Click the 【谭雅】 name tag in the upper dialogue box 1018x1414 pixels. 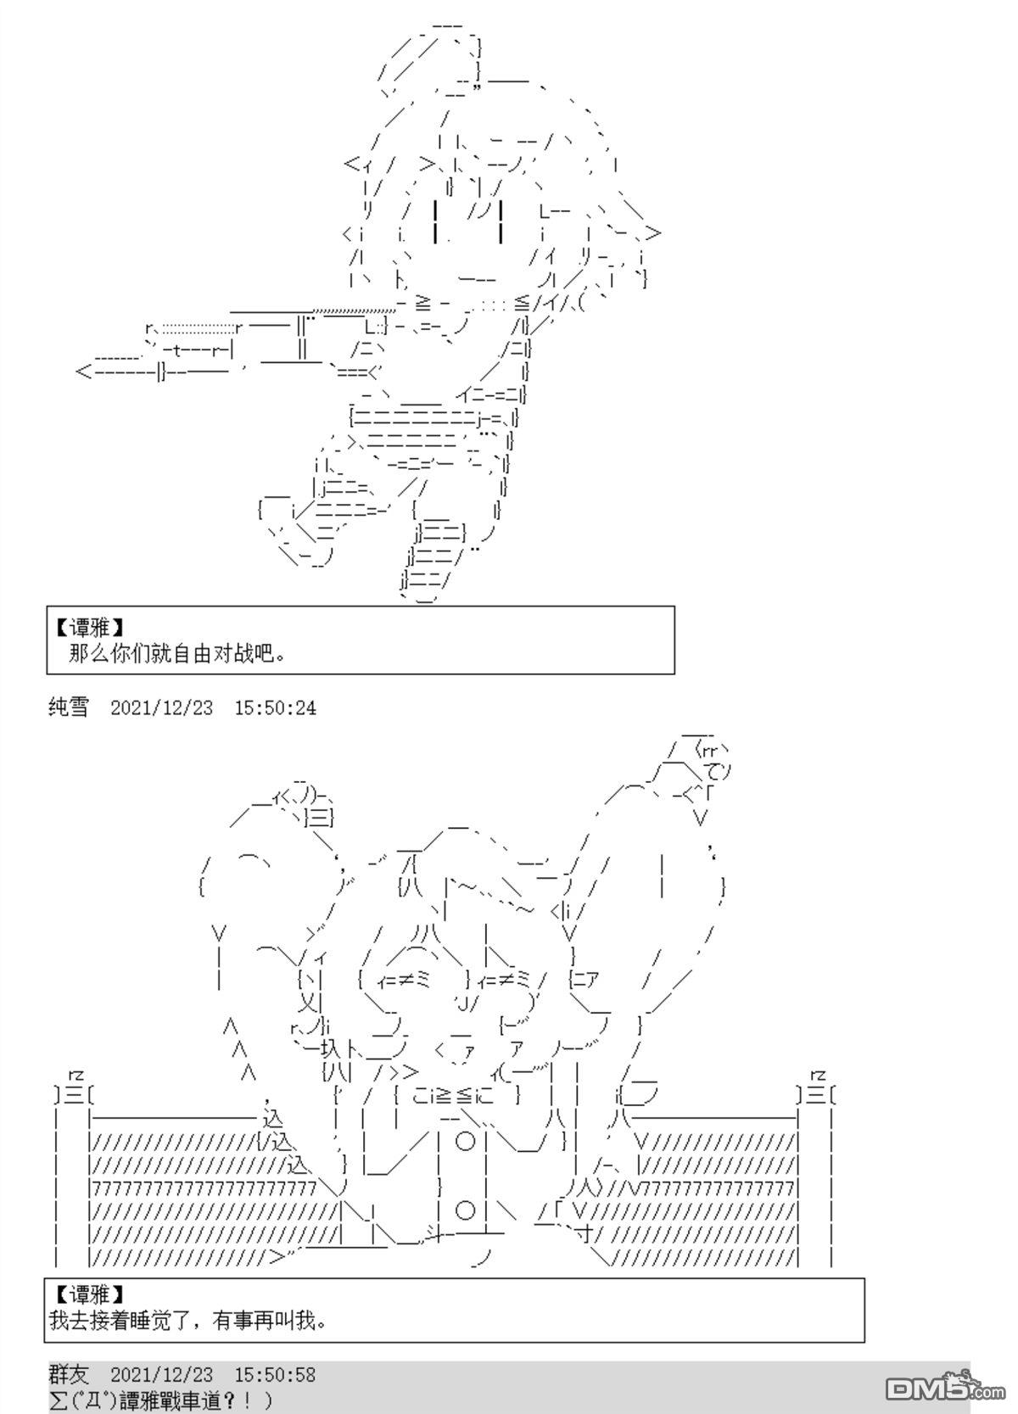[88, 628]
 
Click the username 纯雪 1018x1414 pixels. [69, 707]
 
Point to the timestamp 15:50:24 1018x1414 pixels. [276, 708]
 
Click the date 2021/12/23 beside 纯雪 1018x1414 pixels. [162, 708]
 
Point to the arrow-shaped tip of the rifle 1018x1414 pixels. [83, 372]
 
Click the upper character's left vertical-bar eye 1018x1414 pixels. [437, 221]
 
